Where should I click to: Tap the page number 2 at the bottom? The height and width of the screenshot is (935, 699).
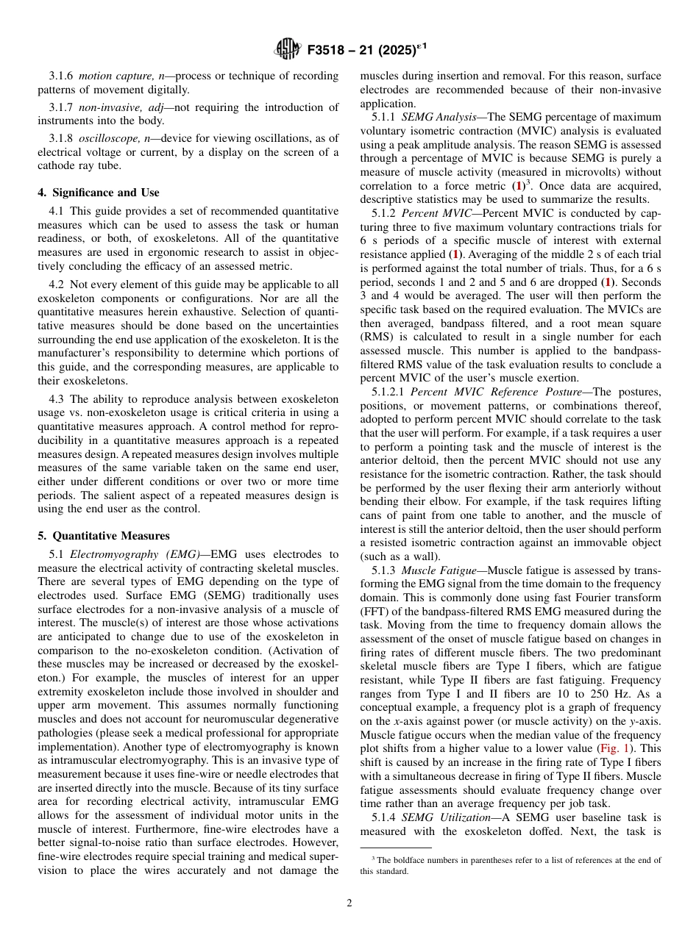[349, 903]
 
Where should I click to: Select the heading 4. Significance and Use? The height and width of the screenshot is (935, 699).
[98, 193]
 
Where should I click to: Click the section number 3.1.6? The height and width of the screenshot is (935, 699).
[62, 76]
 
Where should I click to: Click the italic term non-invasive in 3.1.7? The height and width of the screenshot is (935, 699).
[106, 107]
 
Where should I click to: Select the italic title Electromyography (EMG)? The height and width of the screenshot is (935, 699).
[134, 554]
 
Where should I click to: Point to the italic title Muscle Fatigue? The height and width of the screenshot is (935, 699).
[439, 570]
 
